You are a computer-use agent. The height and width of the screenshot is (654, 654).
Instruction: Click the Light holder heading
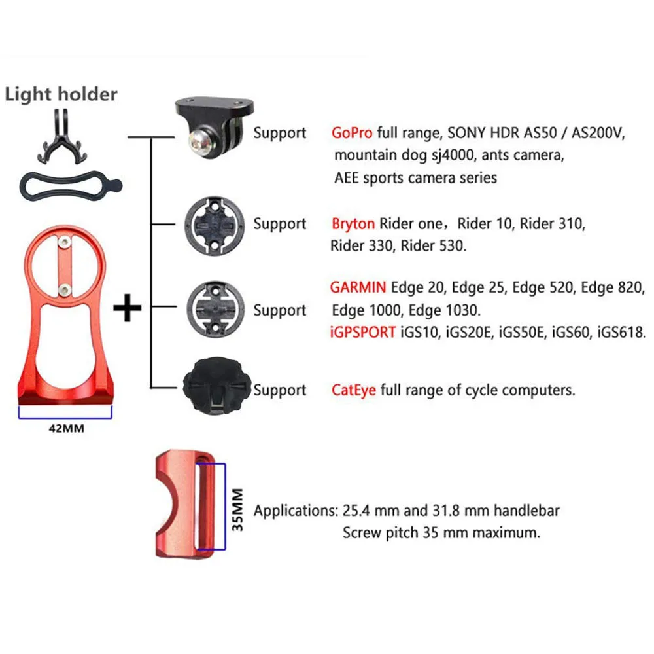click(x=61, y=94)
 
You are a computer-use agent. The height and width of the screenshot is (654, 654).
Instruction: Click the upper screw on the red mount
click(x=64, y=242)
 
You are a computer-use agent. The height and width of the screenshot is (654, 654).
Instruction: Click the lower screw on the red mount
click(x=64, y=290)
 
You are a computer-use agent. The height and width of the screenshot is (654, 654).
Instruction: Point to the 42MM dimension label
click(x=66, y=429)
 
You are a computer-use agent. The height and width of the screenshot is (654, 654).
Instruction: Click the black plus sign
click(x=128, y=308)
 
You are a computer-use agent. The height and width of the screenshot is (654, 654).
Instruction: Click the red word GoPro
click(x=352, y=133)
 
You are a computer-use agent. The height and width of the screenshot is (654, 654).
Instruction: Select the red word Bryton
click(x=353, y=224)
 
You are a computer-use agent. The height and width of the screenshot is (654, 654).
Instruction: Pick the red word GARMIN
click(x=358, y=287)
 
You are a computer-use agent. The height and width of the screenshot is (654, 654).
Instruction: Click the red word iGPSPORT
click(x=362, y=333)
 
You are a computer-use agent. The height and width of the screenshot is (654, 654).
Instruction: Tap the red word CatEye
click(x=353, y=390)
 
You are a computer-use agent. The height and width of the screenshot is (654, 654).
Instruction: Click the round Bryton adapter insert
click(x=215, y=226)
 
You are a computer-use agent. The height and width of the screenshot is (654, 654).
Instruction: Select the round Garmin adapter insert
click(x=216, y=309)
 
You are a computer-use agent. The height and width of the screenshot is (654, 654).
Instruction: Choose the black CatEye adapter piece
click(x=216, y=386)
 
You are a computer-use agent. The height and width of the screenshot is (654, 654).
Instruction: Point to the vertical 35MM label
click(x=237, y=509)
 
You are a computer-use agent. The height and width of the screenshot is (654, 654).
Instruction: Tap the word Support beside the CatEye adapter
click(x=280, y=390)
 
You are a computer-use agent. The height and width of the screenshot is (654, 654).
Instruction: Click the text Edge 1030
click(x=444, y=310)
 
